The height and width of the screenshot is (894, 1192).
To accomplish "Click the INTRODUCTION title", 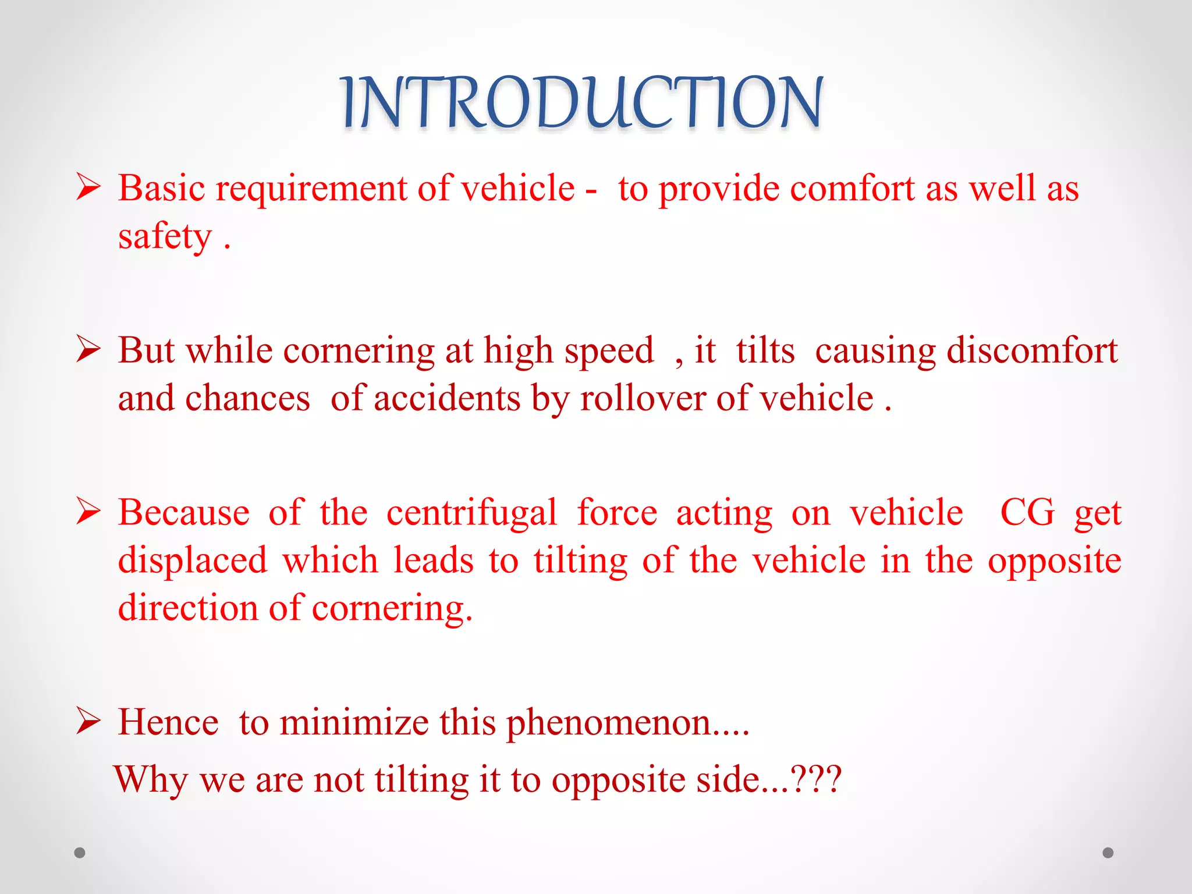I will point(582,103).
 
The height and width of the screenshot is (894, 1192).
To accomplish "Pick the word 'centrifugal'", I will point(471,513).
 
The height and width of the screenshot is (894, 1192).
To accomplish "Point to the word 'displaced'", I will point(192,560).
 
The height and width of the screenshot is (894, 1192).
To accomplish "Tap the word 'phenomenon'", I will point(609,723).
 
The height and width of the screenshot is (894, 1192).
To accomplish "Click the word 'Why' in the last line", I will point(151,779).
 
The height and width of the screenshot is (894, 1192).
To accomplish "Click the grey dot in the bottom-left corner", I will point(80,853).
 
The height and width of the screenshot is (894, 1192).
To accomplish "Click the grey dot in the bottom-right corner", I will point(1108,853).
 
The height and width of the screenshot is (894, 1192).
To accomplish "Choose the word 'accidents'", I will point(446,399).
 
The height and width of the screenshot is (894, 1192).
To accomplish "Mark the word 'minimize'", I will point(354,722).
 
